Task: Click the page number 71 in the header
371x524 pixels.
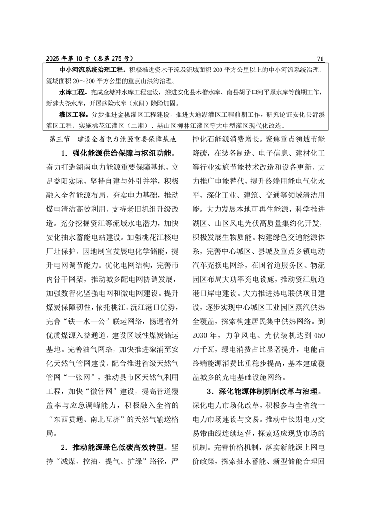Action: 320,58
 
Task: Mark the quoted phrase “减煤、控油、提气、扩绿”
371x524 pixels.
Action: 103,461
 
